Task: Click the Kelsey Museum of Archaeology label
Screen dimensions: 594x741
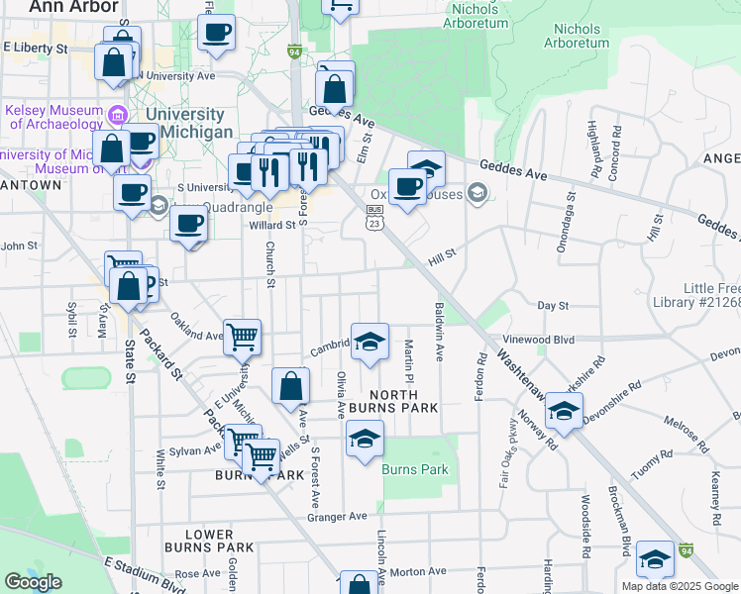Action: tap(53, 116)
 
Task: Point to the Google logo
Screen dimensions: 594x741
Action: tap(34, 582)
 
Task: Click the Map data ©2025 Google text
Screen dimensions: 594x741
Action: tap(680, 586)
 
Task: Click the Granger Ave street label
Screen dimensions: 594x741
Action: tap(337, 516)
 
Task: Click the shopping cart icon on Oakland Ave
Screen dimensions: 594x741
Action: tap(242, 338)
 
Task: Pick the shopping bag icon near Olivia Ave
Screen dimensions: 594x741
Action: tap(291, 386)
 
